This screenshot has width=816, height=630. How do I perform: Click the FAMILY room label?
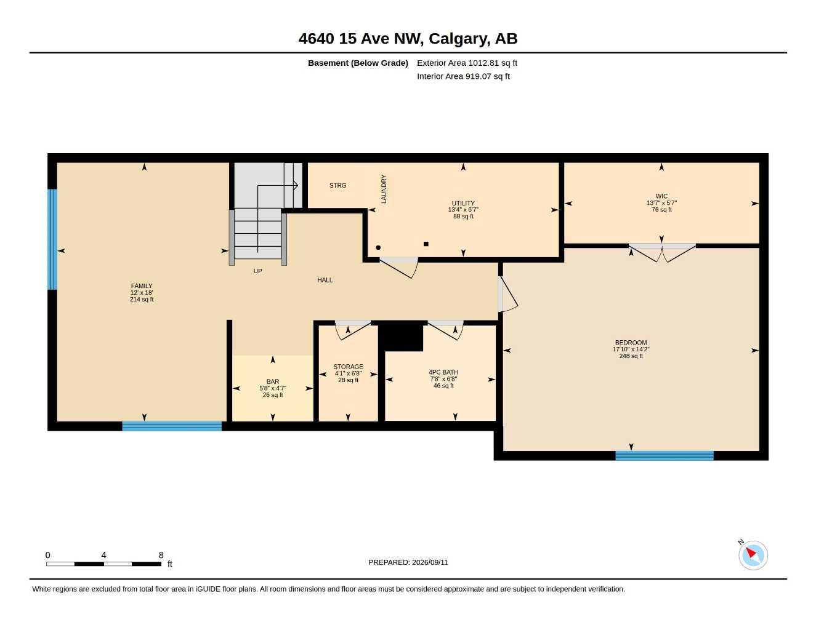point(141,285)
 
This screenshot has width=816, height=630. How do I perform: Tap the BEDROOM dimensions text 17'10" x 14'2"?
point(631,349)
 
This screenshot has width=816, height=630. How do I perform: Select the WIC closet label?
point(661,196)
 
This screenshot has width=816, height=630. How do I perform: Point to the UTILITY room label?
point(463,203)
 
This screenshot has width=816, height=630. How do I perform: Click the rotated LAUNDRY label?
point(384,189)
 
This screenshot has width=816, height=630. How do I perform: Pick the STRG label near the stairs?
point(337,185)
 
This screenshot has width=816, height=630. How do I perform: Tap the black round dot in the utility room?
point(378,247)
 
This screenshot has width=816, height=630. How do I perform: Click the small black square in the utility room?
point(426,244)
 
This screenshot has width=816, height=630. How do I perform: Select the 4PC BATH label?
point(443,372)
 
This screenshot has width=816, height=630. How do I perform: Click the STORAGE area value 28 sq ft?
point(348,380)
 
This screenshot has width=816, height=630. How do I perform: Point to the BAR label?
point(273,381)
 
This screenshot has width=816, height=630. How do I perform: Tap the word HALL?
point(325,280)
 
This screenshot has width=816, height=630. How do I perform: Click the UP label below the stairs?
point(257,271)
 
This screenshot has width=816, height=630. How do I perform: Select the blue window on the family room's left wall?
point(52,239)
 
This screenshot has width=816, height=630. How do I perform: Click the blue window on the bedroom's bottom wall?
point(665,456)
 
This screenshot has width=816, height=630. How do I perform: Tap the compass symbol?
point(753,555)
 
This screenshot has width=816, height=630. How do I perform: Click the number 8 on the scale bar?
point(161,555)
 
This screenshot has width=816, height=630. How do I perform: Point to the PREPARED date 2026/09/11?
point(430,562)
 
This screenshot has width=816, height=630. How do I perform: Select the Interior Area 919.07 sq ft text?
point(463,76)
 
